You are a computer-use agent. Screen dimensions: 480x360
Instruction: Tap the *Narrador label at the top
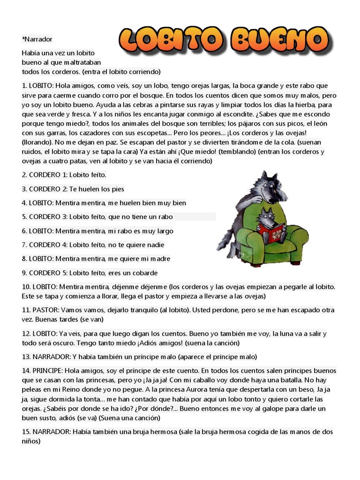(x=37, y=39)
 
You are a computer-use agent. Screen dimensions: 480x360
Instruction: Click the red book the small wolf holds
(x=271, y=232)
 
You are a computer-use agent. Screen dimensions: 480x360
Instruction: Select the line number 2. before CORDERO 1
(x=24, y=175)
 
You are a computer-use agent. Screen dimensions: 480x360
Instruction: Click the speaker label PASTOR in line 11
(x=45, y=310)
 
